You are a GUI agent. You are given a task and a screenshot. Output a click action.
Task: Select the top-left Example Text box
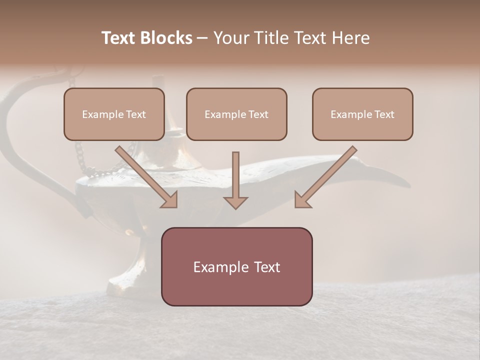(x=114, y=114)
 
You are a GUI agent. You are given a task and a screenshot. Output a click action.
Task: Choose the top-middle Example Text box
(x=236, y=114)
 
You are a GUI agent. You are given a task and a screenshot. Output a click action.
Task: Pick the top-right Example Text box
(x=362, y=114)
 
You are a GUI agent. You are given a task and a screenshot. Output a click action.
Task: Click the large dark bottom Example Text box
(x=236, y=266)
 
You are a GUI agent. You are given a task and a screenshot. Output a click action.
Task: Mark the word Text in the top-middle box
(x=258, y=114)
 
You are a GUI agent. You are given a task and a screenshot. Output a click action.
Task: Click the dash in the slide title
(x=202, y=38)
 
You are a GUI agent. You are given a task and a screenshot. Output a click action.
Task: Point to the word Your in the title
(x=231, y=38)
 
